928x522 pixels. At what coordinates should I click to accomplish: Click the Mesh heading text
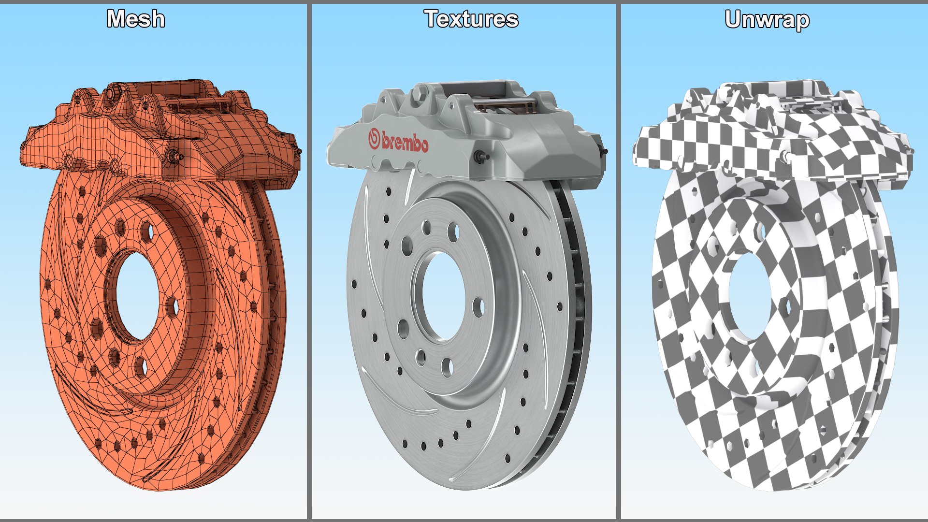[x=136, y=19]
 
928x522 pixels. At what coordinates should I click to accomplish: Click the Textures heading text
[x=471, y=19]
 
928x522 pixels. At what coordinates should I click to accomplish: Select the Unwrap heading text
[x=767, y=20]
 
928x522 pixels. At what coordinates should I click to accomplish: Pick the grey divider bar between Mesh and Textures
[x=309, y=261]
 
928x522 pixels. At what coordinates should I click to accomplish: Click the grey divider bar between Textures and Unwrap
[x=618, y=261]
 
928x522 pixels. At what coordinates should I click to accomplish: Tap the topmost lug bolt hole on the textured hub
[x=426, y=228]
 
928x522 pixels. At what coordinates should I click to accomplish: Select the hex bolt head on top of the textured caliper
[x=420, y=91]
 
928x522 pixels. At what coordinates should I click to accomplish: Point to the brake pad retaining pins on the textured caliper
[x=503, y=102]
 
